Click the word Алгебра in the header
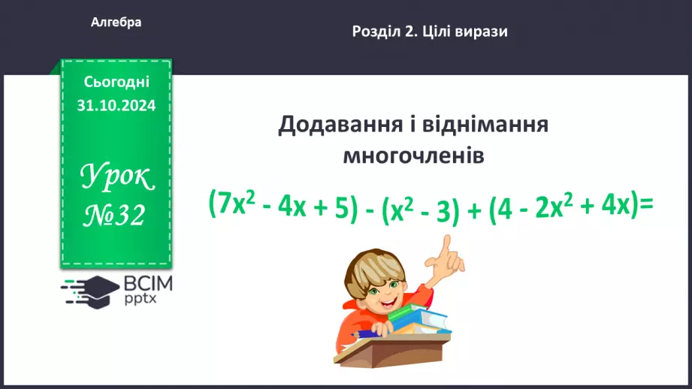[116, 23]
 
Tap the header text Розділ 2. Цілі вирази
[430, 32]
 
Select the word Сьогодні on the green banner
[116, 82]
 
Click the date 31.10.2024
[116, 105]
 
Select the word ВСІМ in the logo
[148, 284]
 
